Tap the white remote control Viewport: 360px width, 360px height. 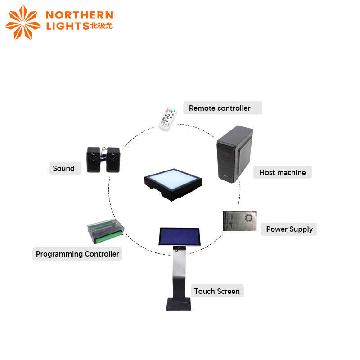(x=169, y=118)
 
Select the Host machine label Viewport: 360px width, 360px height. (x=282, y=172)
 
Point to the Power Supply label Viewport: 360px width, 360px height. (x=289, y=229)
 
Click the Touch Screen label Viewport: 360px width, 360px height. (x=216, y=291)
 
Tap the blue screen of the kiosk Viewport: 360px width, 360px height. (x=179, y=237)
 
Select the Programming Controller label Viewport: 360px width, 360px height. (x=77, y=254)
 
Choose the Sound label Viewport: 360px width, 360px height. (x=63, y=168)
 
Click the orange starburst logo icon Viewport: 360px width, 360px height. (x=22, y=22)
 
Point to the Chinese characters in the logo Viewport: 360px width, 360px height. (x=102, y=26)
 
